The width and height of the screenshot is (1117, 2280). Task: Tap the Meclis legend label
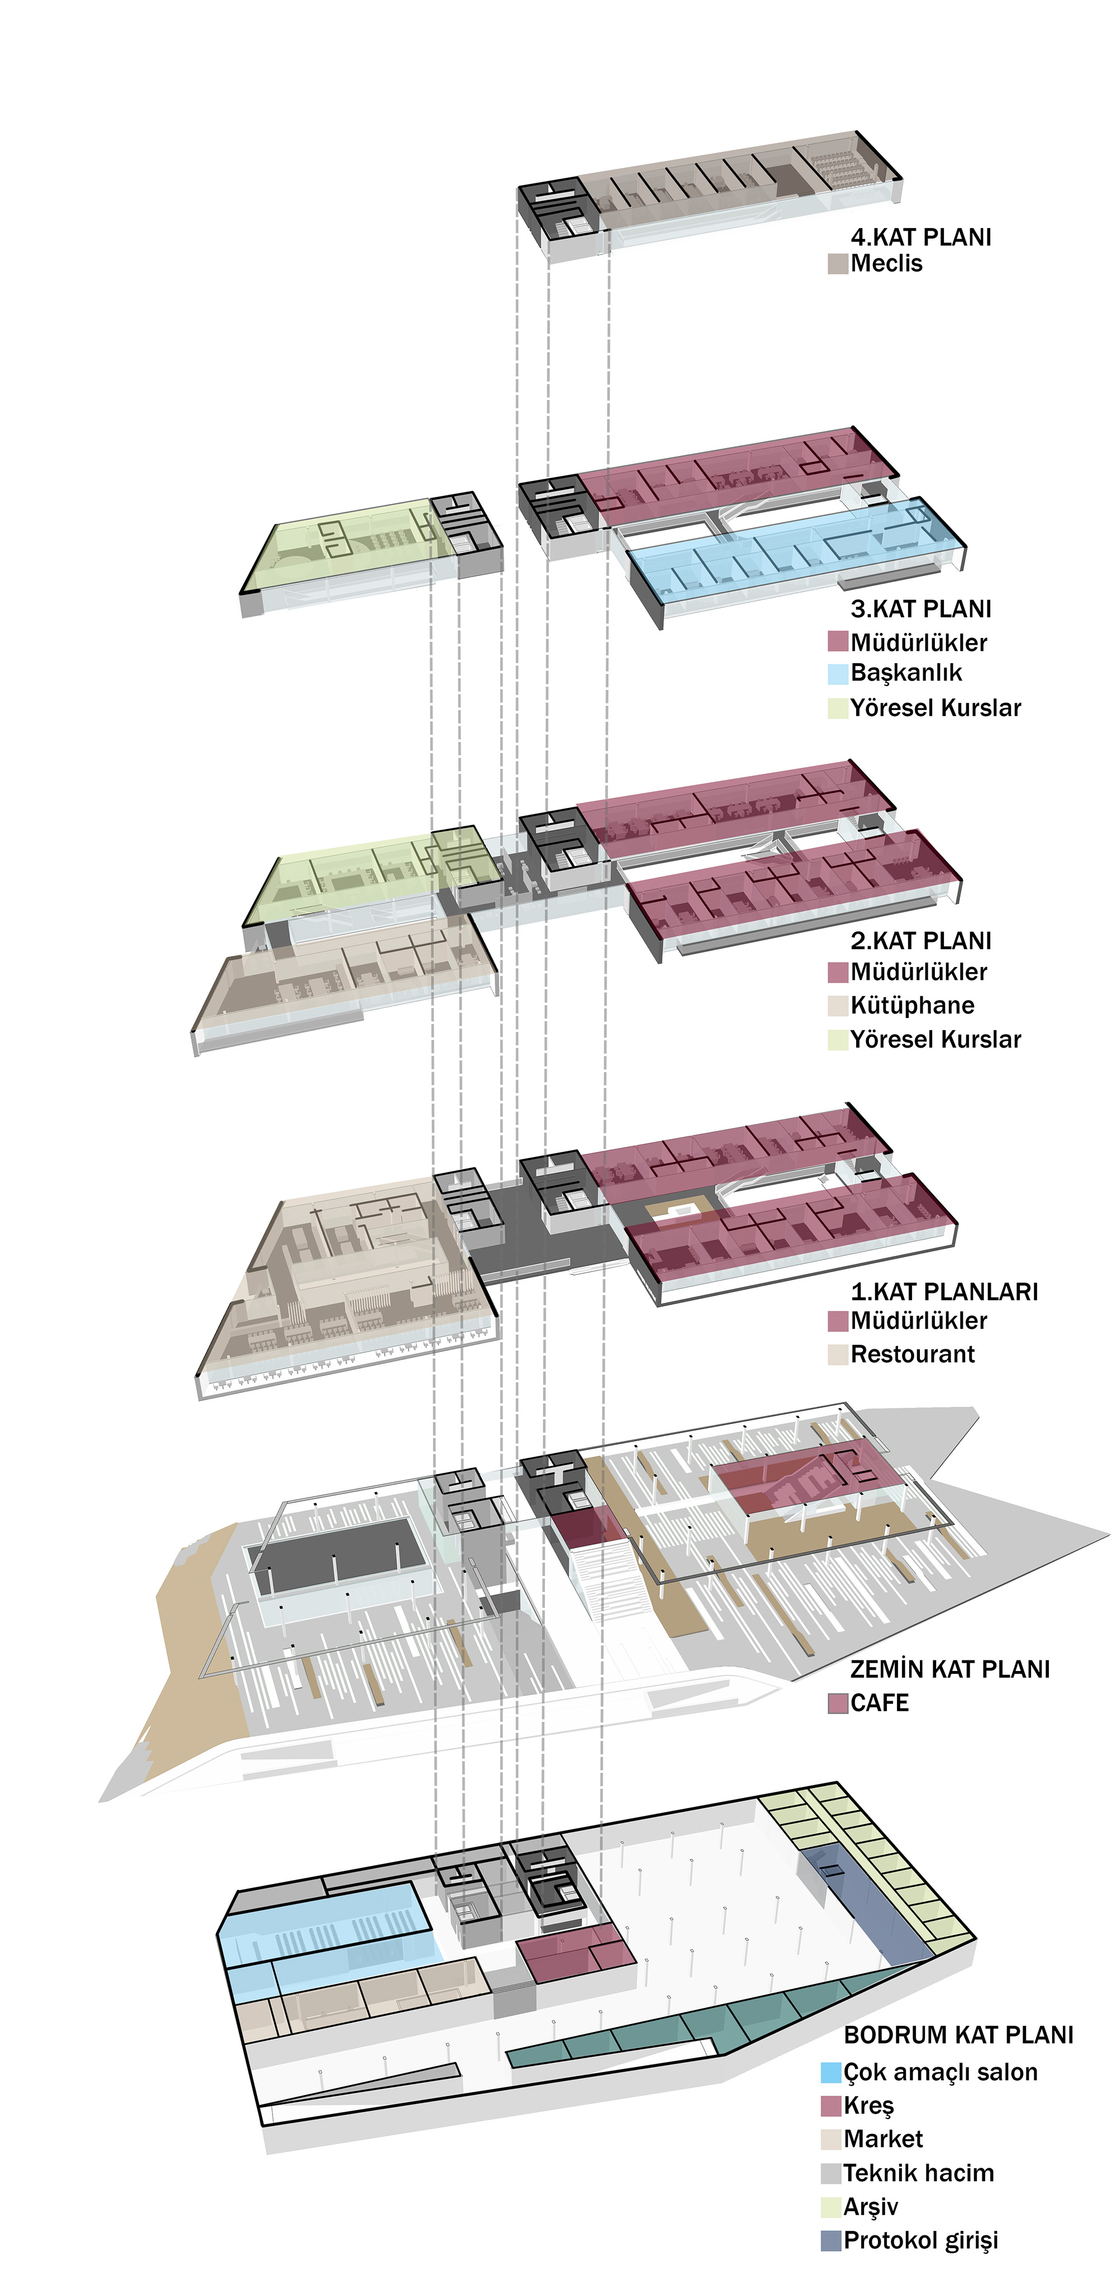pyautogui.click(x=886, y=264)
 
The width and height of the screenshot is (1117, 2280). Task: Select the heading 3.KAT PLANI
pyautogui.click(x=920, y=609)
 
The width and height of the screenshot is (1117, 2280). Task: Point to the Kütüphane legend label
pyautogui.click(x=911, y=1006)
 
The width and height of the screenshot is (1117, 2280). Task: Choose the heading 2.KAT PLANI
pyautogui.click(x=920, y=941)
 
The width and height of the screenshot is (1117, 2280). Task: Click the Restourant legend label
pyautogui.click(x=911, y=1354)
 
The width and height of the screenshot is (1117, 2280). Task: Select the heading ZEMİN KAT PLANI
pyautogui.click(x=949, y=1668)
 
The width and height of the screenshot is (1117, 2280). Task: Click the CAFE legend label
pyautogui.click(x=879, y=1703)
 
